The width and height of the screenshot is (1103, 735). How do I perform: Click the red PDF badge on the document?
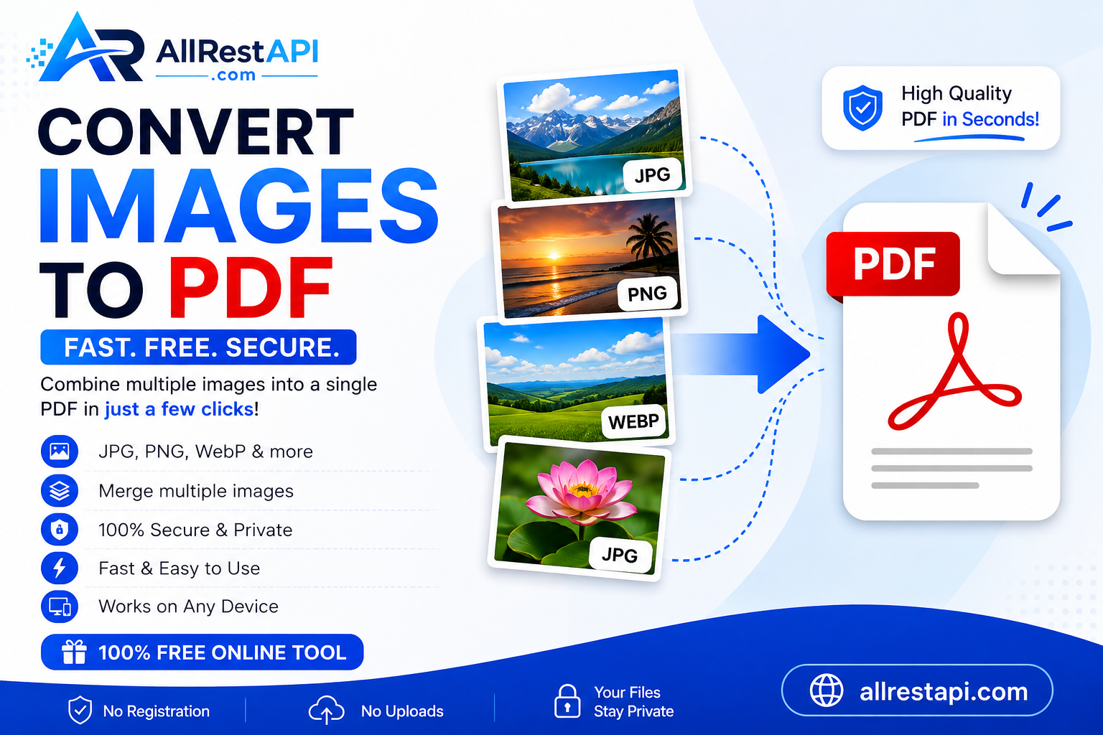(x=893, y=264)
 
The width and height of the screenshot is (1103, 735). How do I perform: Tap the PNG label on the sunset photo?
(x=648, y=294)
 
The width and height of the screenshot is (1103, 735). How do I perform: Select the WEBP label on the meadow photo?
(x=633, y=421)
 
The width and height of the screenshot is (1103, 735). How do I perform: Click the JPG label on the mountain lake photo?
(x=653, y=174)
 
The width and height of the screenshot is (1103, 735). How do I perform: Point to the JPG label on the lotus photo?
(x=620, y=555)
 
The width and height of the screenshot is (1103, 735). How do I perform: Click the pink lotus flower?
(x=581, y=492)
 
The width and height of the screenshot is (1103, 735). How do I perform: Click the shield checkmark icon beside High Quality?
(x=862, y=108)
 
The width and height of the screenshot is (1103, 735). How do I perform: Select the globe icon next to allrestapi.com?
(x=827, y=690)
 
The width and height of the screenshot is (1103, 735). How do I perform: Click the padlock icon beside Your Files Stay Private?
(x=567, y=701)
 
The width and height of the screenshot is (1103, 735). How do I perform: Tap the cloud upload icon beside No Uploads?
(x=326, y=710)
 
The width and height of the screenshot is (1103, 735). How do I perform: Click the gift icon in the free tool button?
(x=74, y=652)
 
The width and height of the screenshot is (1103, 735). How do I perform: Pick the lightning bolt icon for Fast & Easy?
(x=60, y=568)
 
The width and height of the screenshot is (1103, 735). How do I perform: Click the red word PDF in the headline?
(x=250, y=288)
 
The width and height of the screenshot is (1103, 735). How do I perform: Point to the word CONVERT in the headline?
(x=195, y=131)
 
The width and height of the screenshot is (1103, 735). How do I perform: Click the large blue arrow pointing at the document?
(x=741, y=354)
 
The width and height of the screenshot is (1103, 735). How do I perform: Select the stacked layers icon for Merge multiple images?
(x=60, y=491)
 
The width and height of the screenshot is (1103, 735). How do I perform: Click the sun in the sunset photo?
(x=554, y=256)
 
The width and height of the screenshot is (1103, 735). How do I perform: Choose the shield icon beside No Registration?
(x=80, y=710)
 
